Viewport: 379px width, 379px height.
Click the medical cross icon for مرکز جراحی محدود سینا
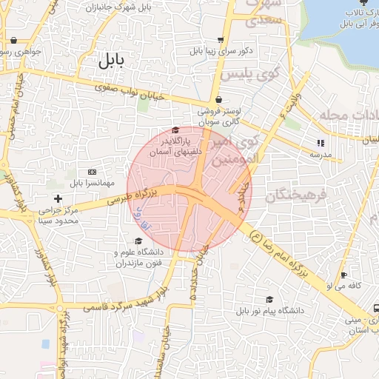click(x=58, y=198)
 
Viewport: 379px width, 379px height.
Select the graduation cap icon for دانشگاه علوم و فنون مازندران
click(x=138, y=241)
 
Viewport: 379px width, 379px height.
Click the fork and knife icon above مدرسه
click(x=321, y=143)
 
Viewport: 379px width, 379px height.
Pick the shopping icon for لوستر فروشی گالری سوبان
click(x=218, y=101)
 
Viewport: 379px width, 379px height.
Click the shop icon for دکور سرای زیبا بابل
click(x=221, y=40)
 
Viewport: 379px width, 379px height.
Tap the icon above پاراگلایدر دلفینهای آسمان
click(x=175, y=131)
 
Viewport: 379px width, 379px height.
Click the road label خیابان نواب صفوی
click(x=130, y=93)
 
